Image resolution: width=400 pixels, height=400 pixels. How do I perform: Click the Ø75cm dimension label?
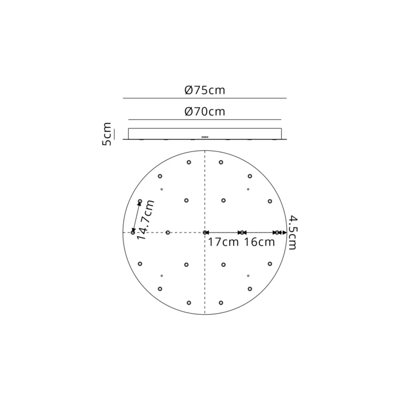pyautogui.click(x=205, y=90)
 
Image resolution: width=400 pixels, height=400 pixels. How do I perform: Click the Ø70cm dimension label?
pyautogui.click(x=205, y=112)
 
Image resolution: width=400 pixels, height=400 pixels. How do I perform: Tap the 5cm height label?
pyautogui.click(x=107, y=134)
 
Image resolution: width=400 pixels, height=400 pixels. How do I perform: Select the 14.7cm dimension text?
pyautogui.click(x=147, y=220)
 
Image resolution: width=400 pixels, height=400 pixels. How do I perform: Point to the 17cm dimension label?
pyautogui.click(x=223, y=242)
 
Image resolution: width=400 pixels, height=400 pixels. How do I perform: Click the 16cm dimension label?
pyautogui.click(x=259, y=242)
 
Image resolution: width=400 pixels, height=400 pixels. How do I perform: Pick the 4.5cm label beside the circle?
pyautogui.click(x=292, y=233)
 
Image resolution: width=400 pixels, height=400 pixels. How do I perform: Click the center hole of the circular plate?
pyautogui.click(x=205, y=233)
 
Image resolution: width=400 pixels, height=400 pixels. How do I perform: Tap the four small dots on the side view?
pyautogui.click(x=205, y=137)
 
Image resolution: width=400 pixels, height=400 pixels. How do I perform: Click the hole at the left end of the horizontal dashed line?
pyautogui.click(x=133, y=233)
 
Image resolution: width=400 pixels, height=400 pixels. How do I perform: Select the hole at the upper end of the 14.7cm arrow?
pyautogui.click(x=140, y=201)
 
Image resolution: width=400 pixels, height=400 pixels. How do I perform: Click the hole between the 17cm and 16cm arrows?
pyautogui.click(x=242, y=233)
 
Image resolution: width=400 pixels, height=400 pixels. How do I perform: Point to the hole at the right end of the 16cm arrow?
pyautogui.click(x=277, y=233)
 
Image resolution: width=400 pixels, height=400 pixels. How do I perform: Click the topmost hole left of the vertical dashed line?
pyautogui.click(x=189, y=163)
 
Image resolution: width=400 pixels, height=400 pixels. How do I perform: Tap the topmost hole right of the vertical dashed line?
pyautogui.click(x=221, y=163)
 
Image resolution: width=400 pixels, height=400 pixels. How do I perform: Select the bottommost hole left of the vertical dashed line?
pyautogui.click(x=189, y=302)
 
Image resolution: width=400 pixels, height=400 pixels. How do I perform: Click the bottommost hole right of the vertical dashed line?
pyautogui.click(x=221, y=302)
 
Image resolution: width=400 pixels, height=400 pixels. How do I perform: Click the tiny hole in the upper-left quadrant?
pyautogui.click(x=162, y=189)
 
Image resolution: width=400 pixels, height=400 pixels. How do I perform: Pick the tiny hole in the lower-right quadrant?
pyautogui.click(x=248, y=276)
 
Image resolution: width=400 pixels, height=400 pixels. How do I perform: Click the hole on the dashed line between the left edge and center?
pyautogui.click(x=168, y=233)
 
